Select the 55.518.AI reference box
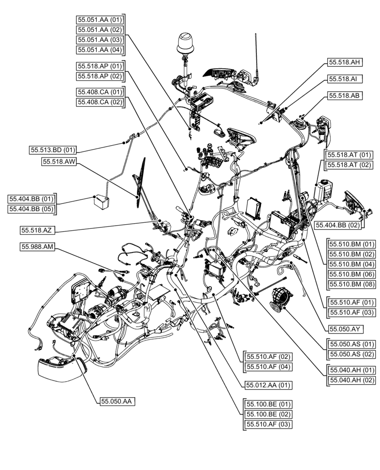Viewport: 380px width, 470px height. [x=343, y=79]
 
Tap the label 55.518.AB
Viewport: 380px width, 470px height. [x=345, y=95]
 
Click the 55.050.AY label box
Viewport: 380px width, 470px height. [x=347, y=329]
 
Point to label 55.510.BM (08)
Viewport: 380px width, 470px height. [x=352, y=284]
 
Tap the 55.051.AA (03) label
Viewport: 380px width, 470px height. [x=100, y=39]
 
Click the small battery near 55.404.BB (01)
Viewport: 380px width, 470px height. [x=101, y=203]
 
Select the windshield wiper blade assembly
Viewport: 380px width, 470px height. [x=140, y=180]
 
